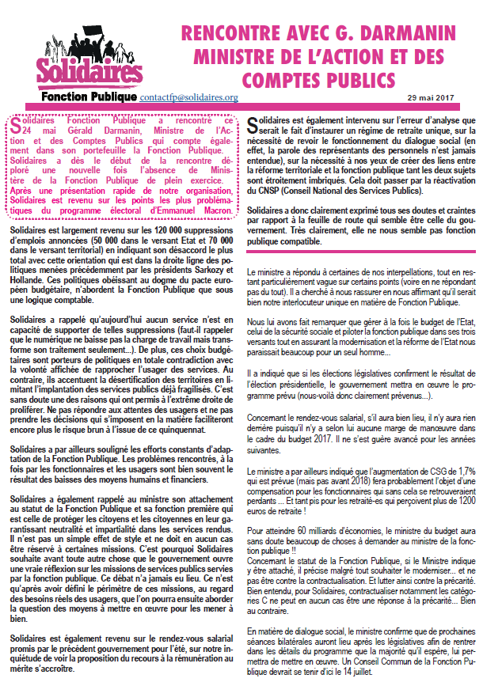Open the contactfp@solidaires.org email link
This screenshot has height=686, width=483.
click(x=188, y=97)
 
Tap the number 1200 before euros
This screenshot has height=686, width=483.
click(x=464, y=499)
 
